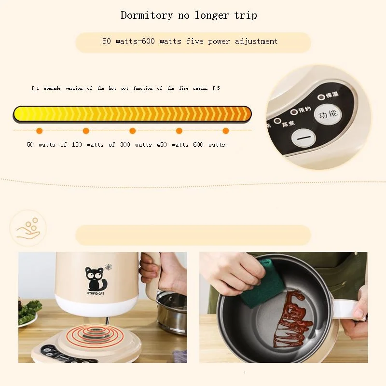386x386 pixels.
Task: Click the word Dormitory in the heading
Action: tap(146, 15)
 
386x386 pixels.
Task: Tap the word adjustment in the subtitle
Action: tap(256, 41)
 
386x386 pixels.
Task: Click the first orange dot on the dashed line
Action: tap(40, 131)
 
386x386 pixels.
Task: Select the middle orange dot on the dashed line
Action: tap(133, 131)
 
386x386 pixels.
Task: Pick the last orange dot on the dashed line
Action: tap(225, 131)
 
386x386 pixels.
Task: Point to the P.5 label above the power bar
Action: tap(215, 89)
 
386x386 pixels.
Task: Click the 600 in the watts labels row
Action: tap(198, 145)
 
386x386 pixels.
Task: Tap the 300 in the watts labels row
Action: tap(125, 145)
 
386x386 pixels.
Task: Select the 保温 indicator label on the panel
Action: tap(332, 96)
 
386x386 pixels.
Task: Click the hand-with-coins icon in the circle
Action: tap(28, 228)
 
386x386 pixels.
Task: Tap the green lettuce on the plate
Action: tap(29, 309)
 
